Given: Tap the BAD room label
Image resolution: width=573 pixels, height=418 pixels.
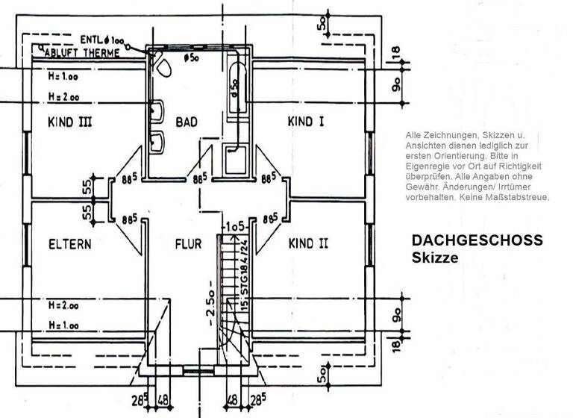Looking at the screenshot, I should (x=186, y=122).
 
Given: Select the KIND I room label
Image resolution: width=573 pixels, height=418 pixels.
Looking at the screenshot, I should (x=305, y=122).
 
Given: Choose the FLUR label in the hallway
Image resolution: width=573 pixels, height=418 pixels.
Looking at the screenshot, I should (x=189, y=243).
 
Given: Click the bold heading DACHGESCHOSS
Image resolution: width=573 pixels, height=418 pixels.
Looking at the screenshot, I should (x=477, y=241).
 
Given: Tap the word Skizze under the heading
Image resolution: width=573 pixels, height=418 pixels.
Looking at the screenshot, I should (x=434, y=257).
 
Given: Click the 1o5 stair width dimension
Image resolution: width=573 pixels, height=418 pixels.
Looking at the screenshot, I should (x=235, y=225).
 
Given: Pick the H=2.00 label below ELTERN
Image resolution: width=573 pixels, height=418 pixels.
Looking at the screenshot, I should (x=63, y=306).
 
